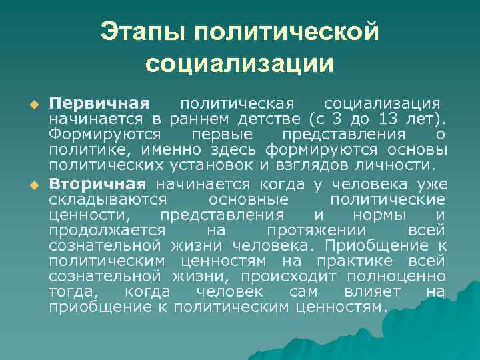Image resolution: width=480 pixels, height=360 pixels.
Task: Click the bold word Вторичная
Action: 97,184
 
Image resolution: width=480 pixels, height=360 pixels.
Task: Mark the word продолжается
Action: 102,230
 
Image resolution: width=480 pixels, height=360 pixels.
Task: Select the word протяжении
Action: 316,230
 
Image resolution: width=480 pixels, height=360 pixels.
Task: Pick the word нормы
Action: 377,215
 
